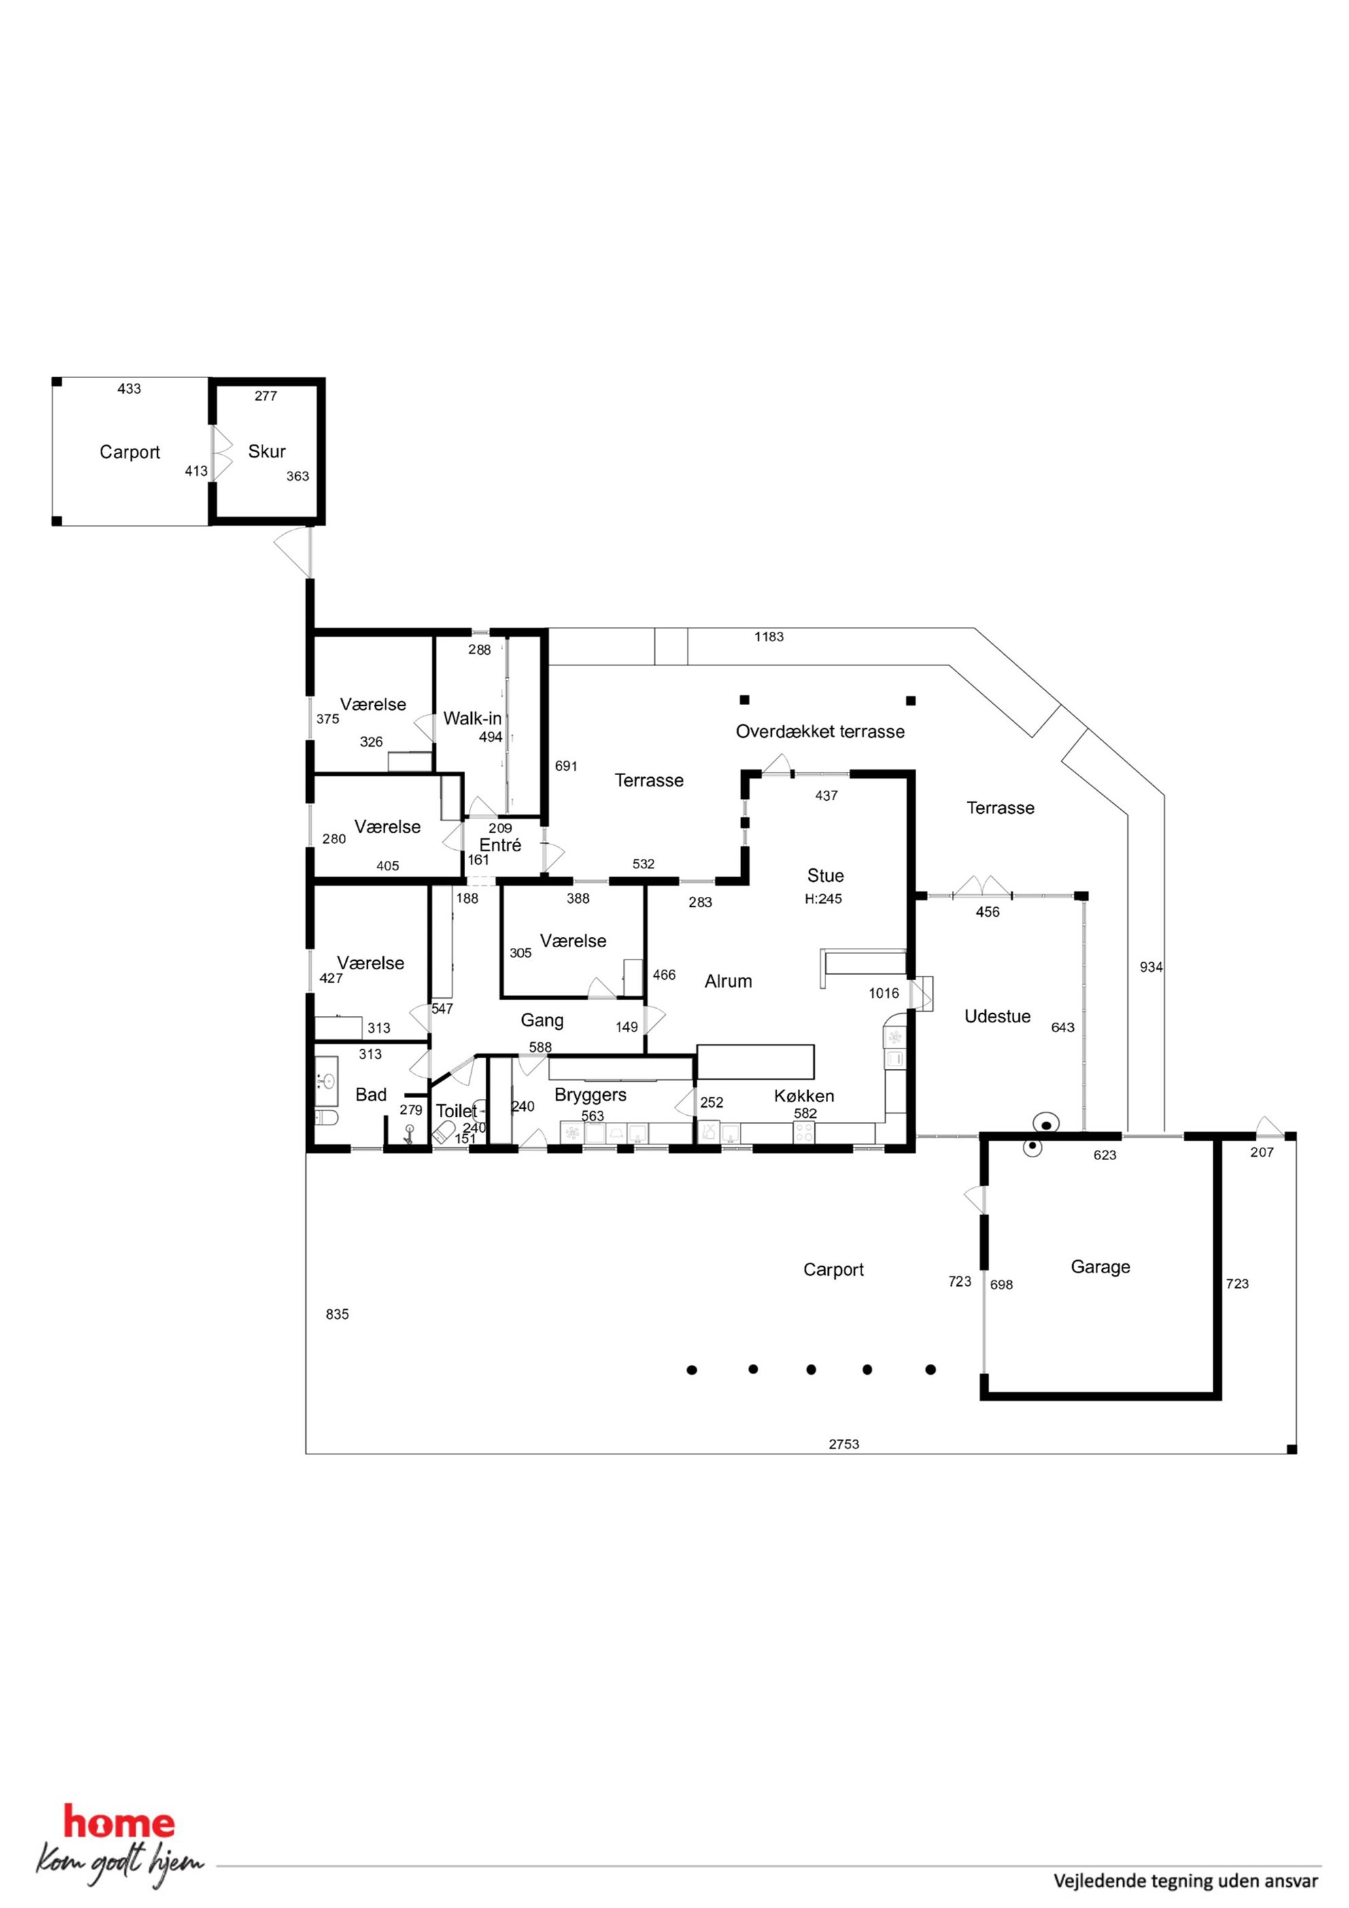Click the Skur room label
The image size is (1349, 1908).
267,452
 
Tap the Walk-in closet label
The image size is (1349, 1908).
472,718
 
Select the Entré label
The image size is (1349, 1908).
500,845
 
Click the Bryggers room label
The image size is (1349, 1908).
590,1095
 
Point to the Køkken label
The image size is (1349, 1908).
804,1096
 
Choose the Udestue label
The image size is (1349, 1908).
997,1017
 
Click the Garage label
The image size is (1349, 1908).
1100,1267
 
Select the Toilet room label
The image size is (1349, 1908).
456,1111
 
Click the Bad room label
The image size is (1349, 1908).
371,1095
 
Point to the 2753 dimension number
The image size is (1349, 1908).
844,1445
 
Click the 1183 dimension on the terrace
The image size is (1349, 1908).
769,637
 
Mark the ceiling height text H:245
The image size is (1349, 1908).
823,898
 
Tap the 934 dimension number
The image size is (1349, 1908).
1151,968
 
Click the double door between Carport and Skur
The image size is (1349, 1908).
221,453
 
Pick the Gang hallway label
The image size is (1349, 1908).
542,1021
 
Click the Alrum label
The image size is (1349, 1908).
728,981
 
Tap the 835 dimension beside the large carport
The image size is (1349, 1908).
337,1314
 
